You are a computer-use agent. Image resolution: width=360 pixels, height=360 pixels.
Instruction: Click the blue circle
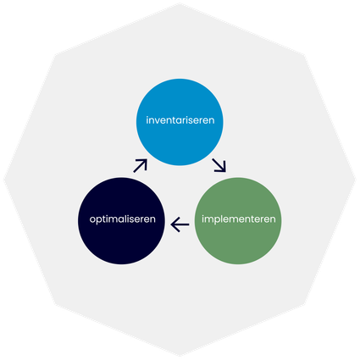(x=180, y=122)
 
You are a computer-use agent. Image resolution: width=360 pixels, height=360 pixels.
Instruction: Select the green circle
(x=238, y=221)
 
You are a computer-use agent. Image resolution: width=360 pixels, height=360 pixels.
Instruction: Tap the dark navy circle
(x=121, y=221)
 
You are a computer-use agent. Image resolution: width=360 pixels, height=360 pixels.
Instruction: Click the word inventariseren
(x=180, y=120)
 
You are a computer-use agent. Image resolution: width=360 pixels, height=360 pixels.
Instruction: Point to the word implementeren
(x=239, y=219)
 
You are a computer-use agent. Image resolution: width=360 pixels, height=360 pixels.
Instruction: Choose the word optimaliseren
(x=123, y=219)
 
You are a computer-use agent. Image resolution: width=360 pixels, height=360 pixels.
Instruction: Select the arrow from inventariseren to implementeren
(x=219, y=165)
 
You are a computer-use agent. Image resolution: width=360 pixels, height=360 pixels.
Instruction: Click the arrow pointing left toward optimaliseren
(x=180, y=224)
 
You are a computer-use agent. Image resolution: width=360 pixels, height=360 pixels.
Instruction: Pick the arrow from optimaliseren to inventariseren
(x=141, y=166)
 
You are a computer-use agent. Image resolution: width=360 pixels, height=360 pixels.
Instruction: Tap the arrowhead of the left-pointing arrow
(x=174, y=224)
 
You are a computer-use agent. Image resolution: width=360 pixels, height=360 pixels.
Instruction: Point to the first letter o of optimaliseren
(x=92, y=219)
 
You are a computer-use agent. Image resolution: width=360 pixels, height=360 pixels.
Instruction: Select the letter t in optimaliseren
(x=104, y=219)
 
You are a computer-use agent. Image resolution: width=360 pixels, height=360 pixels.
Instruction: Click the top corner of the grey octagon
(x=180, y=3)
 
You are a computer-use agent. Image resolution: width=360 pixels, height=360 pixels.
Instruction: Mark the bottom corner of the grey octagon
(x=180, y=357)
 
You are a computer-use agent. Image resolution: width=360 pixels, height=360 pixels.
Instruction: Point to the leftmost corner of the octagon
(x=3, y=180)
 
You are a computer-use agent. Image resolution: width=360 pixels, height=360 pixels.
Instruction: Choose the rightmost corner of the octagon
(x=356, y=180)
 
